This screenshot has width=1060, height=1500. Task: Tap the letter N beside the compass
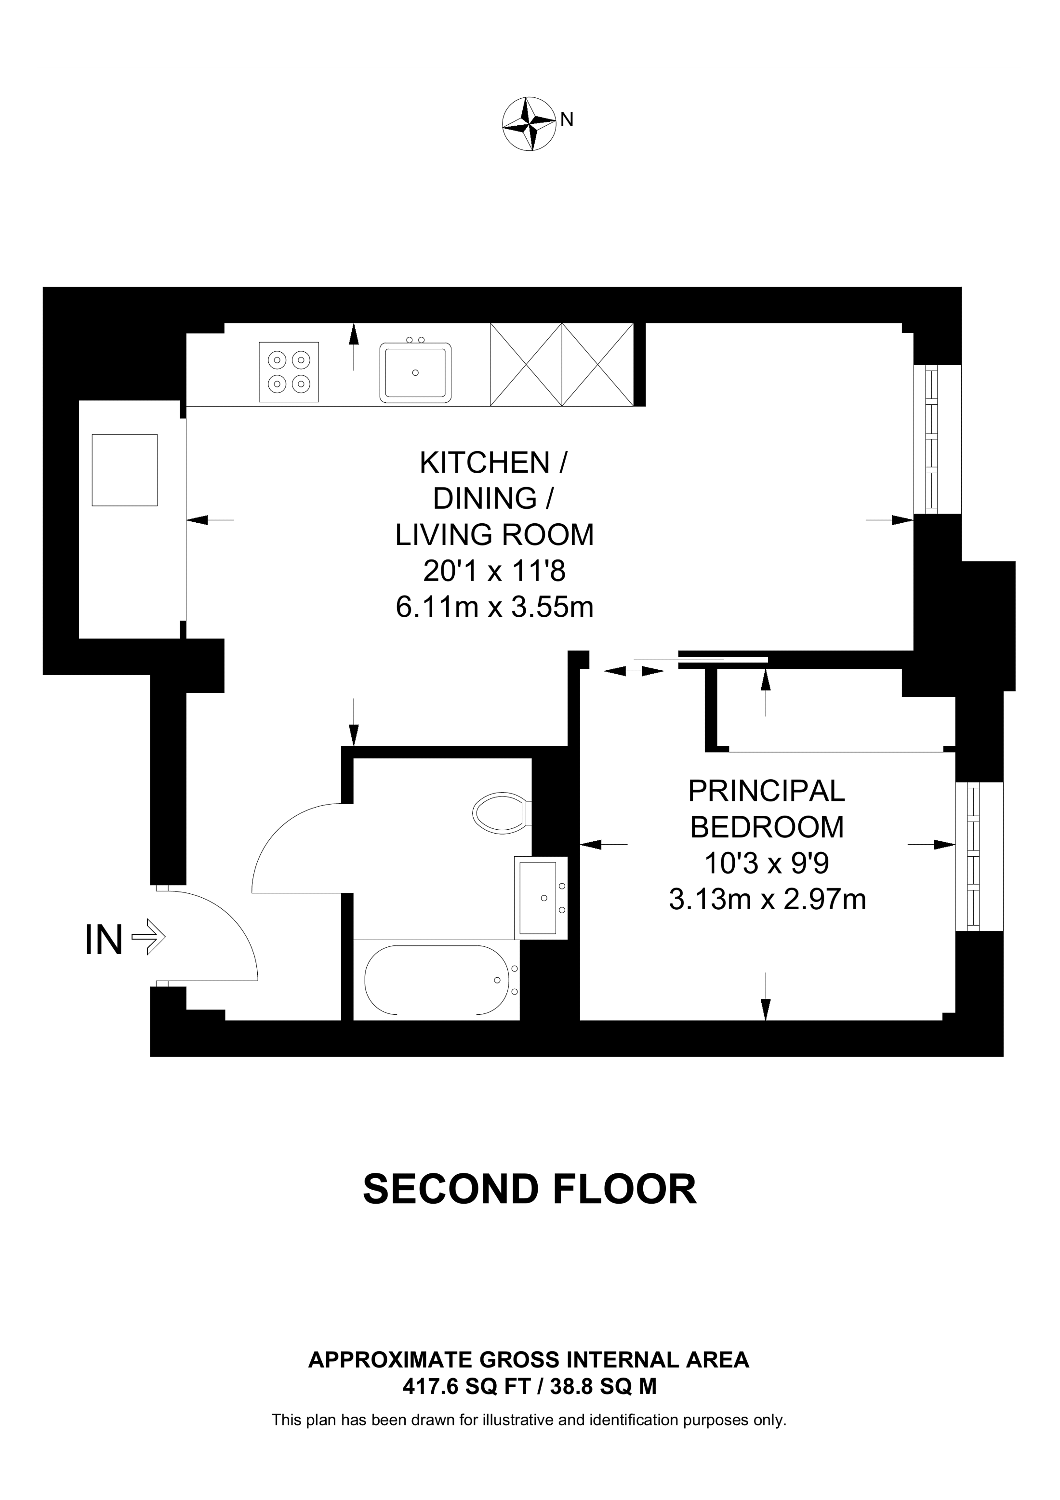pos(567,120)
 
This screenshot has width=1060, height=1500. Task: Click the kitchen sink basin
pos(415,372)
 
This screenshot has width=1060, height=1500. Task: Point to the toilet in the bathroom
pos(500,813)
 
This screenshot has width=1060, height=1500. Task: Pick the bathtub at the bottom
pos(436,980)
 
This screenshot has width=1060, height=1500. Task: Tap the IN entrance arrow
pos(148,938)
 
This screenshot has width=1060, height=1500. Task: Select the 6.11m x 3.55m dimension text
pos(494,608)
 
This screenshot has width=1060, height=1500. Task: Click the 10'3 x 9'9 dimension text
pos(767,863)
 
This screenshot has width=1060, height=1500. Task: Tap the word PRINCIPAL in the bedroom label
pos(766,792)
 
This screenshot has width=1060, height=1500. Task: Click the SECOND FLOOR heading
pos(530,1189)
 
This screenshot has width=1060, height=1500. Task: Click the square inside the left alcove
pos(125,470)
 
